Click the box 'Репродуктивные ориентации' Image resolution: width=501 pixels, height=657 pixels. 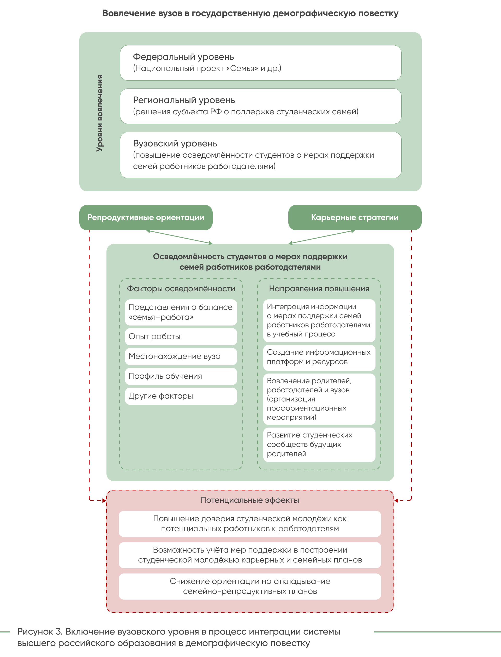pos(146,217)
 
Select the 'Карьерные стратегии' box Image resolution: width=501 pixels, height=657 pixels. pos(355,217)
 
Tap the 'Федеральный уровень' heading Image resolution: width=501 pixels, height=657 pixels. pos(183,57)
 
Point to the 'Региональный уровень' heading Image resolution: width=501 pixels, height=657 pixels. pos(184,100)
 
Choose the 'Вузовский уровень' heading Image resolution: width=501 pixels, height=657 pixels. pos(175,144)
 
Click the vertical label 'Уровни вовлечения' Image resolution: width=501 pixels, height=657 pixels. pos(100,113)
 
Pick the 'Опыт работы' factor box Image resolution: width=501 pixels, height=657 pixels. pos(181,336)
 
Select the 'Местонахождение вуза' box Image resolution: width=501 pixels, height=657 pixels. pos(181,356)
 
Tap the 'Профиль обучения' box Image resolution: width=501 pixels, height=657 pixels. pos(181,376)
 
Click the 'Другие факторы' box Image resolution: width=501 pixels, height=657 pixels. pos(181,396)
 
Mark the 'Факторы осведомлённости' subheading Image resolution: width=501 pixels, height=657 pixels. pos(181,289)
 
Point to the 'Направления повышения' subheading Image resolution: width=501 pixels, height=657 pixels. pos(319,289)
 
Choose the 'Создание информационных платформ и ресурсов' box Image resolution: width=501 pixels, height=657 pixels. pos(319,358)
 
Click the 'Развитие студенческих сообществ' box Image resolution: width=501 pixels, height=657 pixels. pos(319,445)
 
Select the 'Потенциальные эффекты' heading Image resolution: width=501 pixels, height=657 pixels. pos(250,500)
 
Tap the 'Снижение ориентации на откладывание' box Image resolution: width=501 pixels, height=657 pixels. pos(250,586)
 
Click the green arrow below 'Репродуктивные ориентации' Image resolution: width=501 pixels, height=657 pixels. pos(179,237)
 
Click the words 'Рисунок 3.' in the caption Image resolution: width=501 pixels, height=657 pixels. pos(40,632)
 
